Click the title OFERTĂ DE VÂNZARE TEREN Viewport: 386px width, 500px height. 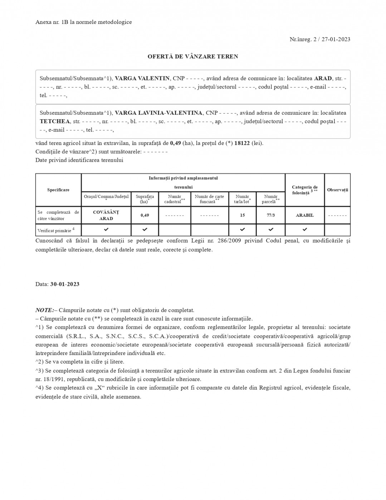click(x=193, y=56)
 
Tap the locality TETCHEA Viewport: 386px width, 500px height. click(x=55, y=121)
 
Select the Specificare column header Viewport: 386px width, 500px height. click(x=58, y=190)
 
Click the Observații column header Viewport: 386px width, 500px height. click(x=337, y=190)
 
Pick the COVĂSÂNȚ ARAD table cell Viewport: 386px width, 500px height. click(x=106, y=215)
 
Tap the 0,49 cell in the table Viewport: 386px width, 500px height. click(x=145, y=215)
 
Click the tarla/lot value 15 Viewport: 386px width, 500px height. click(x=243, y=215)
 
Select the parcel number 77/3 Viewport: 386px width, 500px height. click(x=271, y=215)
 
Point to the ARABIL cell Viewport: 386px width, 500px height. click(x=305, y=215)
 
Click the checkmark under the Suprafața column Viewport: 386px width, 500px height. click(x=145, y=229)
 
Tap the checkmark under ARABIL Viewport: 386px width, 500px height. click(x=305, y=229)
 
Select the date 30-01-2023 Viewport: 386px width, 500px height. click(x=65, y=284)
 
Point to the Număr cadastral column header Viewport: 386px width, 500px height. click(x=175, y=199)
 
